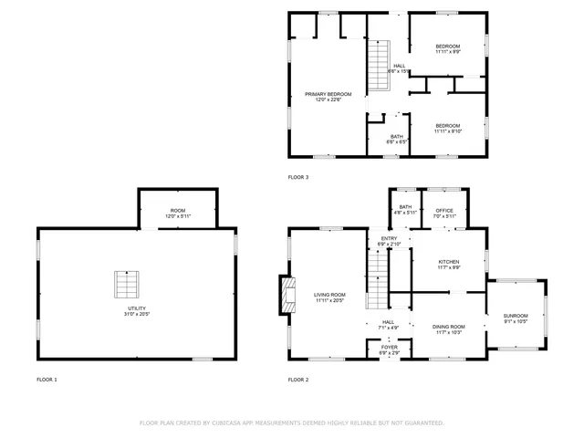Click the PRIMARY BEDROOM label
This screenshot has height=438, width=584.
point(328,94)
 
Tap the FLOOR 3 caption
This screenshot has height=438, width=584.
point(298,177)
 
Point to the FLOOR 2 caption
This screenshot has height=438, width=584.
point(298,379)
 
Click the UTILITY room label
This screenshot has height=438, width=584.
point(136,308)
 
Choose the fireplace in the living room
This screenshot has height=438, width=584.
point(286,294)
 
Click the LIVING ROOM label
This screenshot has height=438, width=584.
point(328,295)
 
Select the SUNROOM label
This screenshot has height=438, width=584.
point(516,316)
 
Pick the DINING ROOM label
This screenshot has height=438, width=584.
point(448,327)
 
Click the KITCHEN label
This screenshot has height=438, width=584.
point(447,262)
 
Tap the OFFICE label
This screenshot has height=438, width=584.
point(444,211)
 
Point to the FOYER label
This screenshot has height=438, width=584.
point(389,348)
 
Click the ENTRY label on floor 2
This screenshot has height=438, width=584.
point(389,239)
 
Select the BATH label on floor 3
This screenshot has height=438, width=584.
point(396,137)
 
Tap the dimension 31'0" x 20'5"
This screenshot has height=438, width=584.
point(136,314)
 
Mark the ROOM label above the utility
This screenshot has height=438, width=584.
point(177,211)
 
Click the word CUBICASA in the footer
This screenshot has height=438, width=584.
point(233,423)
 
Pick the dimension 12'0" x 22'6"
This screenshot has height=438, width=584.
point(328,99)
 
